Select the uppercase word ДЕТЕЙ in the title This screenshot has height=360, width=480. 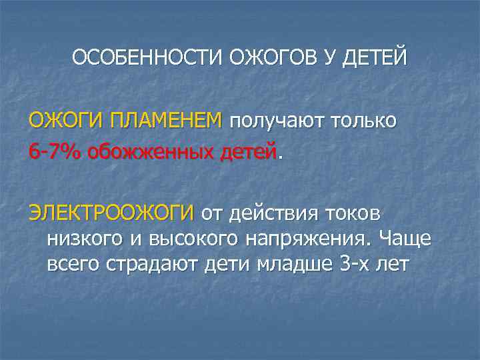[373, 59]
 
